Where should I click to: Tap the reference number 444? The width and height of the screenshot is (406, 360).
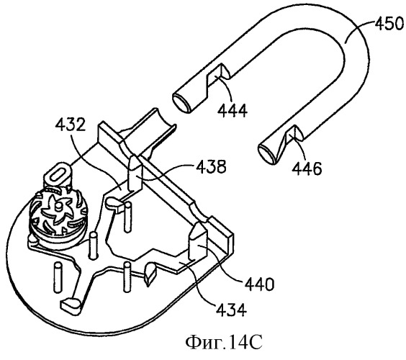click(233, 111)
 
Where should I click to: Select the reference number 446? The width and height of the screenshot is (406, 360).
click(307, 168)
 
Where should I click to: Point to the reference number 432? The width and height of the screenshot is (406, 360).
click(70, 124)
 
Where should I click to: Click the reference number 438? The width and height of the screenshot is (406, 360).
click(211, 166)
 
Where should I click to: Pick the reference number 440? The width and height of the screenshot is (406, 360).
click(259, 284)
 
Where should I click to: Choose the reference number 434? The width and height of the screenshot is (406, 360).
click(231, 310)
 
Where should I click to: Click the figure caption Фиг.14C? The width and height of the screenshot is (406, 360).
click(224, 342)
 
